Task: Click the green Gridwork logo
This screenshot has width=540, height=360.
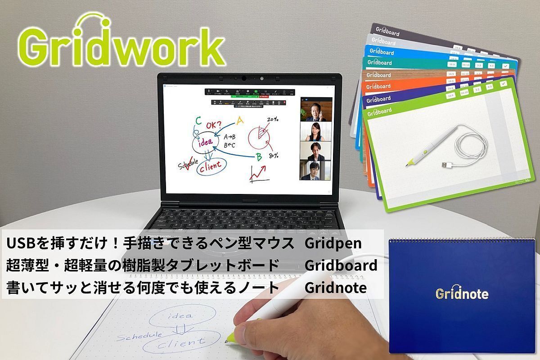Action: coord(121,45)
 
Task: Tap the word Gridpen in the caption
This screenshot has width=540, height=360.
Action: coord(333,243)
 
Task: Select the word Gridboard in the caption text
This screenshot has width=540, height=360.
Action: coord(341,265)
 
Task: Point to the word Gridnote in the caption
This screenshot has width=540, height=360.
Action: coord(335,288)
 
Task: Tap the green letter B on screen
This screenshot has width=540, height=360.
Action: coord(259,157)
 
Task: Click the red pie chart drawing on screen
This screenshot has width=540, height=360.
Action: coord(260,135)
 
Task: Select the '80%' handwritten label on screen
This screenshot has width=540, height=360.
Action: coord(273,156)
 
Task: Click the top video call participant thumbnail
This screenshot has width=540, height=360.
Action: coord(315,109)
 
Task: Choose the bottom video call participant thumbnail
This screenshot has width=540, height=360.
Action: coord(315,170)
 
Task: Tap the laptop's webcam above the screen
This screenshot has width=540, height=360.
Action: coord(244,78)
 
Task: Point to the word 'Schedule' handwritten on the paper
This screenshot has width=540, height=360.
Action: coord(139,335)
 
